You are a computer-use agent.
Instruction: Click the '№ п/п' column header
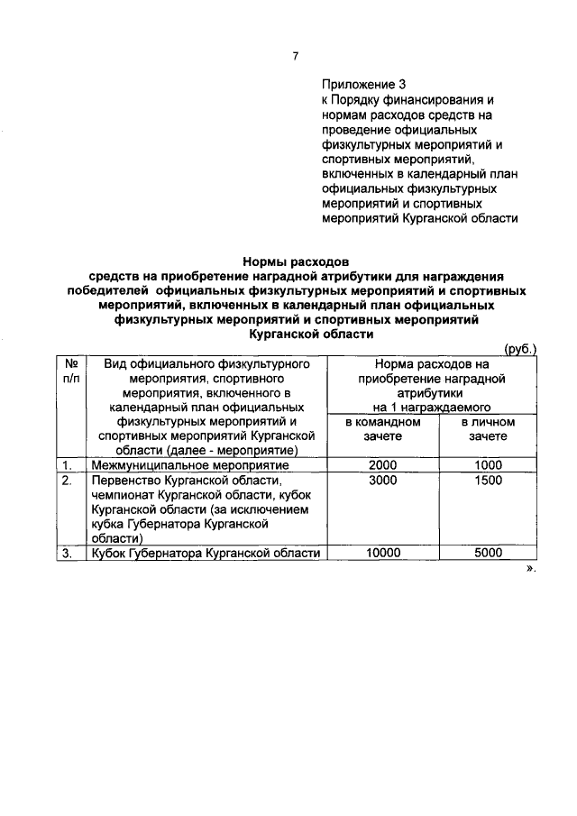click(x=70, y=371)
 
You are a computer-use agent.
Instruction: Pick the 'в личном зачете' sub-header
click(x=488, y=428)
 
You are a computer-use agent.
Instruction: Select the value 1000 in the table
click(x=488, y=465)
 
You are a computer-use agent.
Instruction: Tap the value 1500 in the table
click(x=488, y=481)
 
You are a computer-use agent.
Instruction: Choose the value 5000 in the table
click(x=488, y=554)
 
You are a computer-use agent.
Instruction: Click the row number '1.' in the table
click(x=67, y=465)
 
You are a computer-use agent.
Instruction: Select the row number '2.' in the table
click(x=67, y=481)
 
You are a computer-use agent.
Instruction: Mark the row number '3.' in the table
click(x=67, y=554)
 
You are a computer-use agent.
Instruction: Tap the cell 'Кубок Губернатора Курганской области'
click(x=206, y=554)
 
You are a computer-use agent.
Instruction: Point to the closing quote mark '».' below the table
click(x=530, y=570)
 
